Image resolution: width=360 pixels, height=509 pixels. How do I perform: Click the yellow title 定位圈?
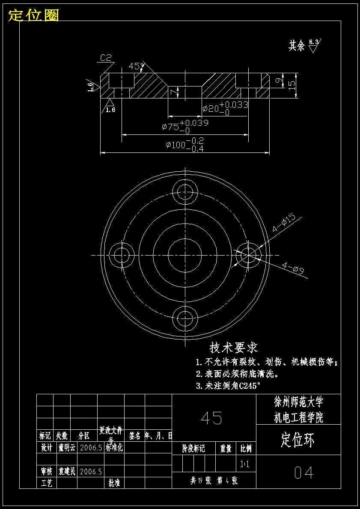(33, 15)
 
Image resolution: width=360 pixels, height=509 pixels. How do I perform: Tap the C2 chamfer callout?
(106, 57)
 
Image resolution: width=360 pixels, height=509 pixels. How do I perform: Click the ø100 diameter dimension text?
(185, 145)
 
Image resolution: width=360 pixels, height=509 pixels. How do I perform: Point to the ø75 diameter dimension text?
(185, 126)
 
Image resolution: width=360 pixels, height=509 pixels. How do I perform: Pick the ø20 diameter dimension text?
(225, 107)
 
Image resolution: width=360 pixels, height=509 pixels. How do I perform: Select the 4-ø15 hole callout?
(284, 223)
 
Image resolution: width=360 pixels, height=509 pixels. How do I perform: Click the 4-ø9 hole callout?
(293, 269)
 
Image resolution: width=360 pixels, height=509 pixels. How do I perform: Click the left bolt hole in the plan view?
(122, 255)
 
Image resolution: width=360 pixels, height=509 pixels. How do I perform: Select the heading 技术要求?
(234, 347)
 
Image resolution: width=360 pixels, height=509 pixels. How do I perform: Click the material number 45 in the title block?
(212, 418)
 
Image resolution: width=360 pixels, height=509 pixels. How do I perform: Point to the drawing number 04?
(304, 472)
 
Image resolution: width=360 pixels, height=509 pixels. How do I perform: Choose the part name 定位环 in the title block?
(298, 440)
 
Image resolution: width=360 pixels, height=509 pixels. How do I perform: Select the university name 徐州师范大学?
(298, 402)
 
